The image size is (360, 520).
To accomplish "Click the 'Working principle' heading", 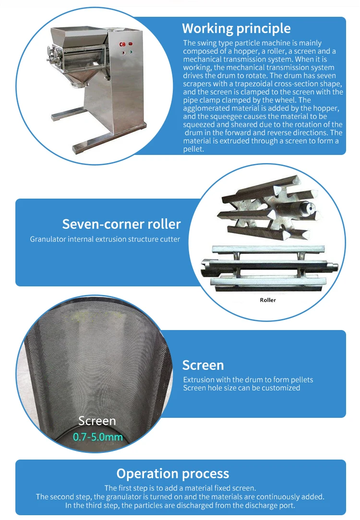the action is point(236,28).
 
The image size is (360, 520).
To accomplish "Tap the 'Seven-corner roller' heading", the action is point(121,224).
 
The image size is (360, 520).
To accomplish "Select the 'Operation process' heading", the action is point(172,473).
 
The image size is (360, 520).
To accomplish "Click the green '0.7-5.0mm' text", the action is point(98,437).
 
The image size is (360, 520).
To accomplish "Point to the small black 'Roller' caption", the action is point(268,300).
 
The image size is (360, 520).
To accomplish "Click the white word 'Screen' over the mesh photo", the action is point(97,421).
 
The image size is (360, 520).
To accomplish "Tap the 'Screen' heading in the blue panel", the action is point(203,365).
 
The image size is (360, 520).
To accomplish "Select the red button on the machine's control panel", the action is point(131,44).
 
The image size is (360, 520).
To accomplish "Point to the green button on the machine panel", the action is point(131,52).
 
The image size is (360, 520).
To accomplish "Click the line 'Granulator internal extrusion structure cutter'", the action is point(105,239).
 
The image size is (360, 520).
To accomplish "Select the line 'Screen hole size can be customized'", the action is point(241,388).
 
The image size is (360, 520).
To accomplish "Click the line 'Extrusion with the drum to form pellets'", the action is point(248,379).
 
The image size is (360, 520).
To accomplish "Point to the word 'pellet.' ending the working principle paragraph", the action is point(193,149).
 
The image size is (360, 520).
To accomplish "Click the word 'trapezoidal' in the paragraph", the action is point(254,84).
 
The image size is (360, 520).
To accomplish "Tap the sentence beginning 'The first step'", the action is point(180,488).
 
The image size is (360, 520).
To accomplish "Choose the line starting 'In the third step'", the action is point(180,506).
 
